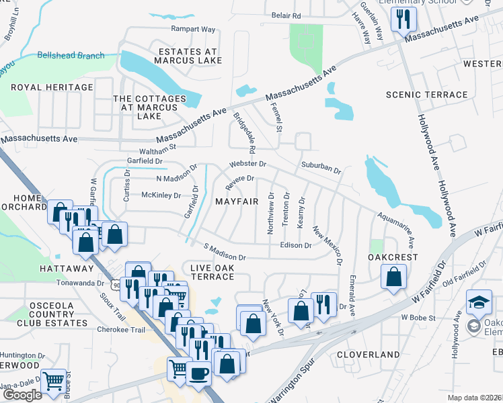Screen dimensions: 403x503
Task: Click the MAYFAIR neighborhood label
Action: (237, 201)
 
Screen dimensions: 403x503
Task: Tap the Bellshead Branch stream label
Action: (71, 56)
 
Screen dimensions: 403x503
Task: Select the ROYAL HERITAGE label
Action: (52, 87)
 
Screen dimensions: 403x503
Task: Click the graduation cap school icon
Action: (479, 302)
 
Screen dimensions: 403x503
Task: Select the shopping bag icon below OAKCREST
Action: (393, 275)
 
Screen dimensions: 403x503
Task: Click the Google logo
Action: (22, 394)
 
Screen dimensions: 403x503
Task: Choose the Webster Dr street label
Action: (247, 164)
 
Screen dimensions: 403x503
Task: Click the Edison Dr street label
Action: (295, 245)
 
